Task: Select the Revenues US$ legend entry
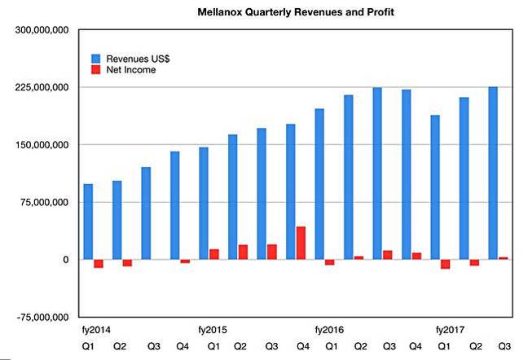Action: pos(134,59)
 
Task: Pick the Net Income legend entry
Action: pos(129,70)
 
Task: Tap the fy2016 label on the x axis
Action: pos(330,330)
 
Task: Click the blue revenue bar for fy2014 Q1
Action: pos(88,222)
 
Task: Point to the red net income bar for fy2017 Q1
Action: pos(445,264)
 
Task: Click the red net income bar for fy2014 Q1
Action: pos(99,264)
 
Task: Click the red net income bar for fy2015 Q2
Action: pos(243,252)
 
